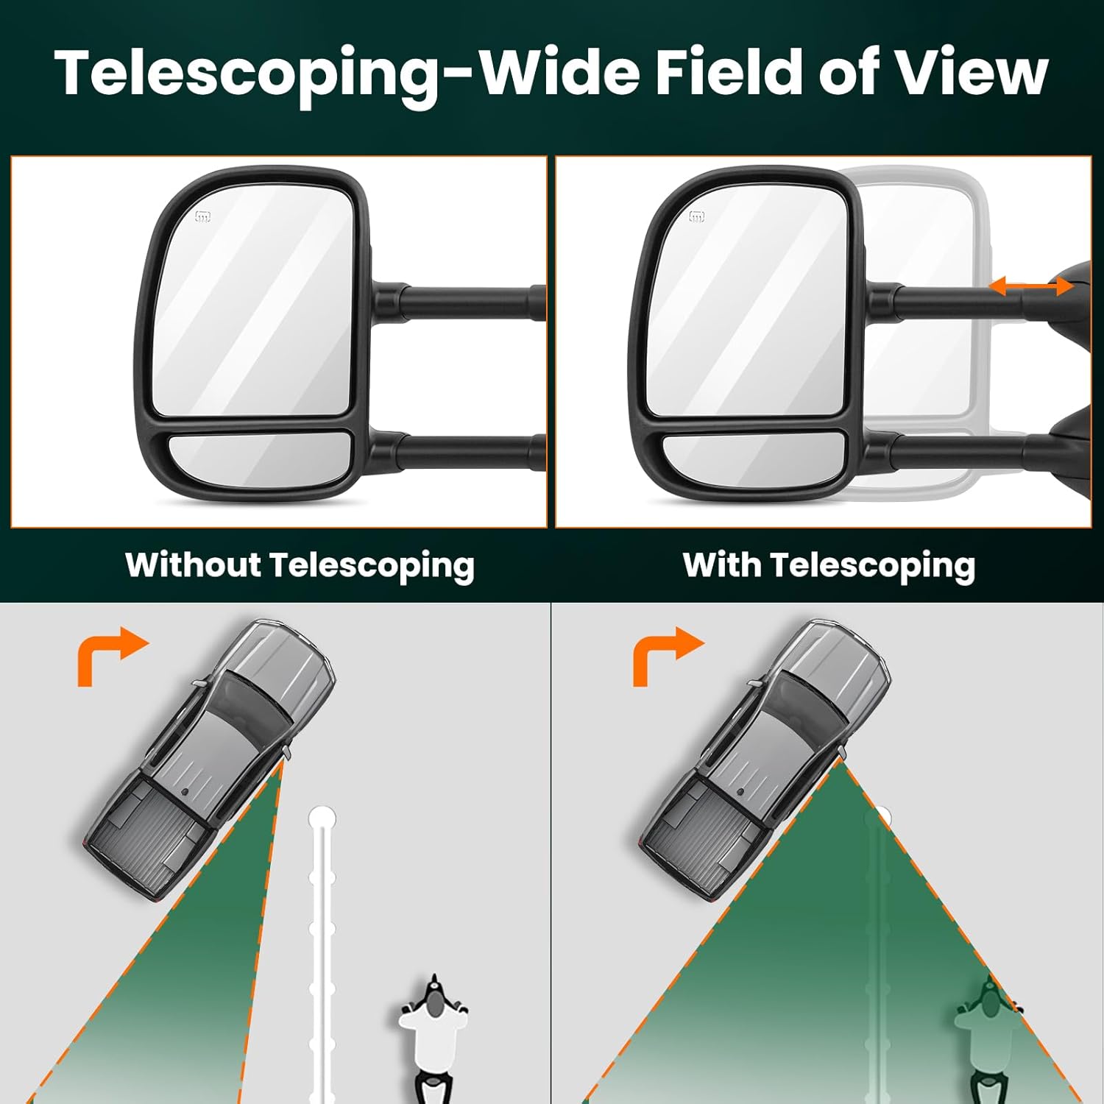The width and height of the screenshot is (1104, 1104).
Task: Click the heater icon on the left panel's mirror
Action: pyautogui.click(x=203, y=216)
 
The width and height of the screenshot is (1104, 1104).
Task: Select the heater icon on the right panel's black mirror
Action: pyautogui.click(x=696, y=216)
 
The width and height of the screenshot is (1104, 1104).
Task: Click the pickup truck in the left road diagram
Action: pyautogui.click(x=210, y=758)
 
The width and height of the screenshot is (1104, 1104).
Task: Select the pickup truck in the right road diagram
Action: pyautogui.click(x=765, y=758)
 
